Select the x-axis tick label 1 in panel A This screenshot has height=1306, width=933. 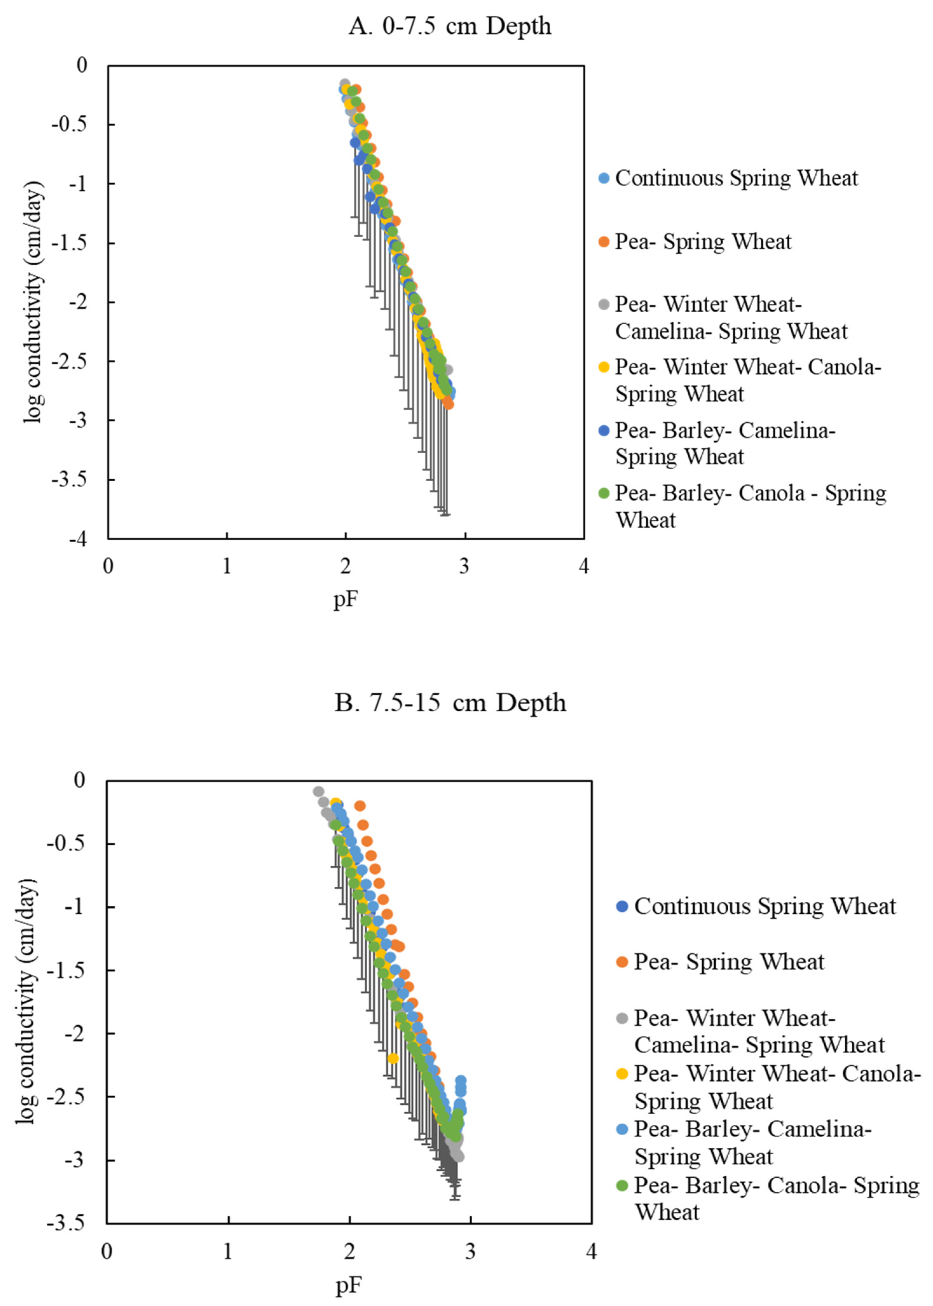(x=227, y=567)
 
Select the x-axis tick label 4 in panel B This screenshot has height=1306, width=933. (x=591, y=1251)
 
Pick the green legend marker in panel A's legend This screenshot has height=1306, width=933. (x=604, y=493)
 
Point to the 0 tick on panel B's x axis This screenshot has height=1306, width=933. (x=107, y=1251)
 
